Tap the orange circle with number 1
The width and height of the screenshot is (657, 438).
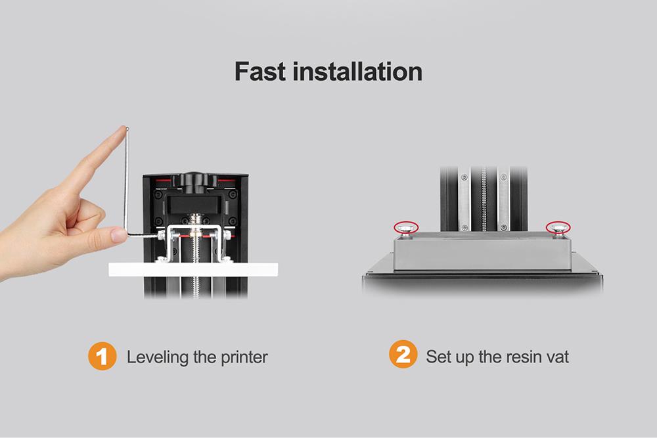point(102,358)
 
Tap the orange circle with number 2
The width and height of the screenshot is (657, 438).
point(403,357)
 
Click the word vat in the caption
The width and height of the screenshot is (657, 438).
point(556,358)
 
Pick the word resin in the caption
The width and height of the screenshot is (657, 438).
point(519,358)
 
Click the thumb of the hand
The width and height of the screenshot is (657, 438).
point(92,220)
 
